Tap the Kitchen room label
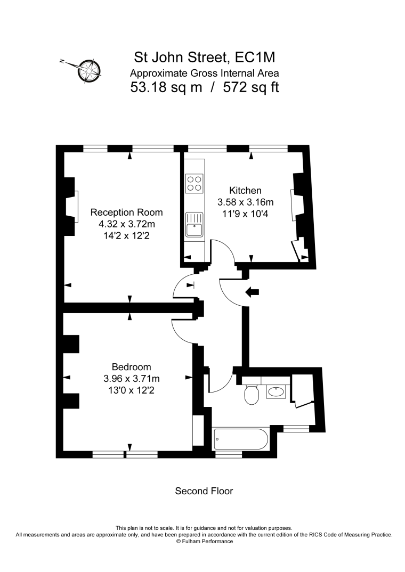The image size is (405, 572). (x=245, y=191)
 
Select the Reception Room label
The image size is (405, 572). (x=127, y=213)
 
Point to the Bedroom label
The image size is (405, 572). (x=131, y=367)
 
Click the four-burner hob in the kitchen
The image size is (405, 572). (x=194, y=184)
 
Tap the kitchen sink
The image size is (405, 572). (x=194, y=225)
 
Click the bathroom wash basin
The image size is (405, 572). (x=276, y=392)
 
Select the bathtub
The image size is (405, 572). (x=241, y=439)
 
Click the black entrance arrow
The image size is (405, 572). (x=252, y=292)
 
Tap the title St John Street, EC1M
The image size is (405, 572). (x=205, y=58)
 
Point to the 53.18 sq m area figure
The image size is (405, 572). (x=166, y=87)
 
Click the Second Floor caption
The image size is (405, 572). (x=204, y=491)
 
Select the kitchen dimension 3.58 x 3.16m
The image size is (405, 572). (x=246, y=202)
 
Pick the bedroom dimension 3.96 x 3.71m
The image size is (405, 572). (x=131, y=379)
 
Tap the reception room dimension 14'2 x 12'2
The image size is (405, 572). (x=127, y=235)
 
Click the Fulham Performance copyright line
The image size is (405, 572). (x=204, y=541)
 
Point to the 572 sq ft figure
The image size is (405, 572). (x=251, y=87)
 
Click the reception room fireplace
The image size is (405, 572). (x=71, y=207)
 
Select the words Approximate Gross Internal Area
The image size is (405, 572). (x=205, y=73)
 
